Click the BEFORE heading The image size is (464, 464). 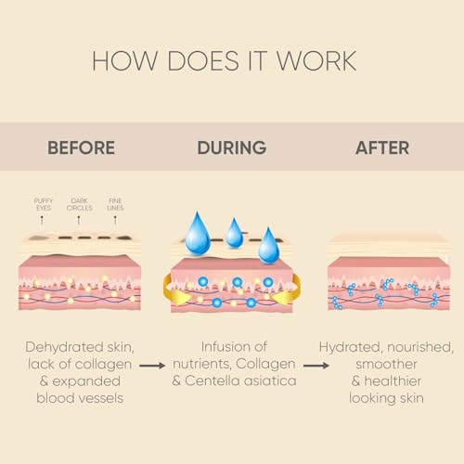(81, 148)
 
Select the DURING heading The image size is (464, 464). (232, 148)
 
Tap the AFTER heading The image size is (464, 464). (382, 148)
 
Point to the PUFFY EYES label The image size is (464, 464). (44, 204)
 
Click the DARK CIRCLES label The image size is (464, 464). (80, 204)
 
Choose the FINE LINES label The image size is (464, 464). (115, 204)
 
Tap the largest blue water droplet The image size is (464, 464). (198, 233)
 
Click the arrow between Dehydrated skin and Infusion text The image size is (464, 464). (152, 366)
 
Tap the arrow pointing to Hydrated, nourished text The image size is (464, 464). (316, 366)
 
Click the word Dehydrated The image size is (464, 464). (64, 347)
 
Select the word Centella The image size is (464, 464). (213, 380)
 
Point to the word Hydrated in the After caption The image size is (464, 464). (350, 348)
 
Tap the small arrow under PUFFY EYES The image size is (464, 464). (42, 220)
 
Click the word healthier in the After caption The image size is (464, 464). (393, 381)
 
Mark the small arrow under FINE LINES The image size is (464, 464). (115, 220)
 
